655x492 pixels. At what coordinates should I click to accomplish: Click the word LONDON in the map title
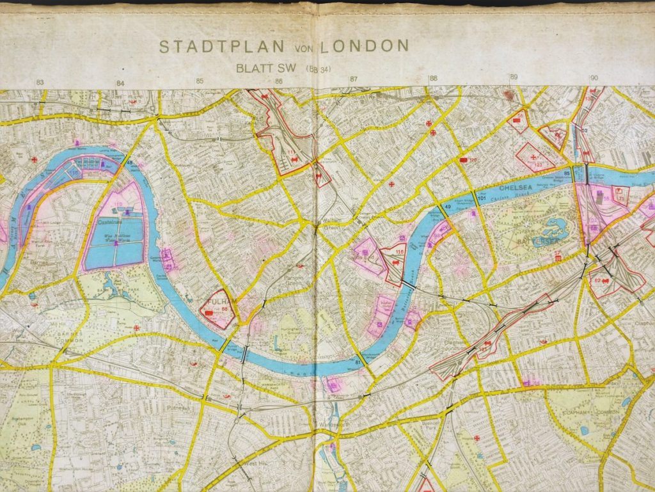[x=365, y=46]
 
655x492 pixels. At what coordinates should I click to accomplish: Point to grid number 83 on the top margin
[x=40, y=83]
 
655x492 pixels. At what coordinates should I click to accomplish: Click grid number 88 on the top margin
[x=434, y=79]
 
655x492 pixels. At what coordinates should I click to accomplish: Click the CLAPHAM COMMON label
[x=596, y=412]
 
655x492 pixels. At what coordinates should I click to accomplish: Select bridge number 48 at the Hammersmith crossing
[x=132, y=163]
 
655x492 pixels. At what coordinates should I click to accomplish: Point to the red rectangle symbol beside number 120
[x=463, y=159]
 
